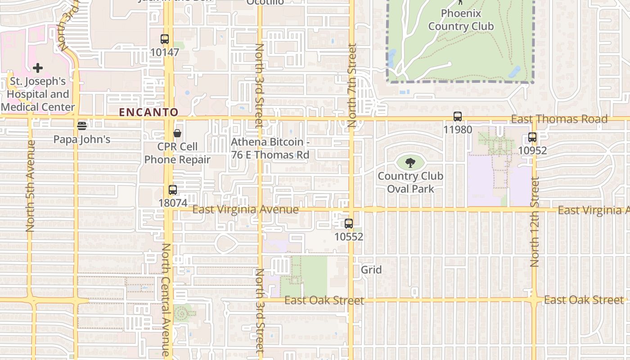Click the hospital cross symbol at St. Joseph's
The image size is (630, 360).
[x=38, y=68]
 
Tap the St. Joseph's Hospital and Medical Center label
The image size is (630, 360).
[x=38, y=94]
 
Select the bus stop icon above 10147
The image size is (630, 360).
[x=165, y=39]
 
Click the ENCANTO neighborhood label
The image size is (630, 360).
[x=149, y=112]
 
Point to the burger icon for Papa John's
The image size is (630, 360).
[x=81, y=126]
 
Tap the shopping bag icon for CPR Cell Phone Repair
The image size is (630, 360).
[x=177, y=133]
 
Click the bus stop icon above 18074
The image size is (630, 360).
[x=173, y=190]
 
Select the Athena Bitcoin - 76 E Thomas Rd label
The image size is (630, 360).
[x=270, y=148]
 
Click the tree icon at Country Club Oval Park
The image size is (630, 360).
[x=410, y=163]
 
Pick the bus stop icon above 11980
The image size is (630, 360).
[x=458, y=117]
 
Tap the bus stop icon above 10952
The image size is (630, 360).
[x=532, y=137]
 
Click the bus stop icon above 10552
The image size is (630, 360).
[x=349, y=223]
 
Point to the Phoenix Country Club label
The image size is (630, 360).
[x=461, y=20]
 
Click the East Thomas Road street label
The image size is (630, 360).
[x=559, y=119]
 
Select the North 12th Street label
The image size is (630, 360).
[x=535, y=221]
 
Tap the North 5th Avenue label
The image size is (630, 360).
[x=31, y=186]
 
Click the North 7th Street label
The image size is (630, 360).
[x=352, y=85]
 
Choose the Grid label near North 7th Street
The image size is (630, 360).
[x=371, y=270]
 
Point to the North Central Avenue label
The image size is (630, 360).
[x=166, y=300]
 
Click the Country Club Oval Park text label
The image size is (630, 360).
[x=410, y=182]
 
